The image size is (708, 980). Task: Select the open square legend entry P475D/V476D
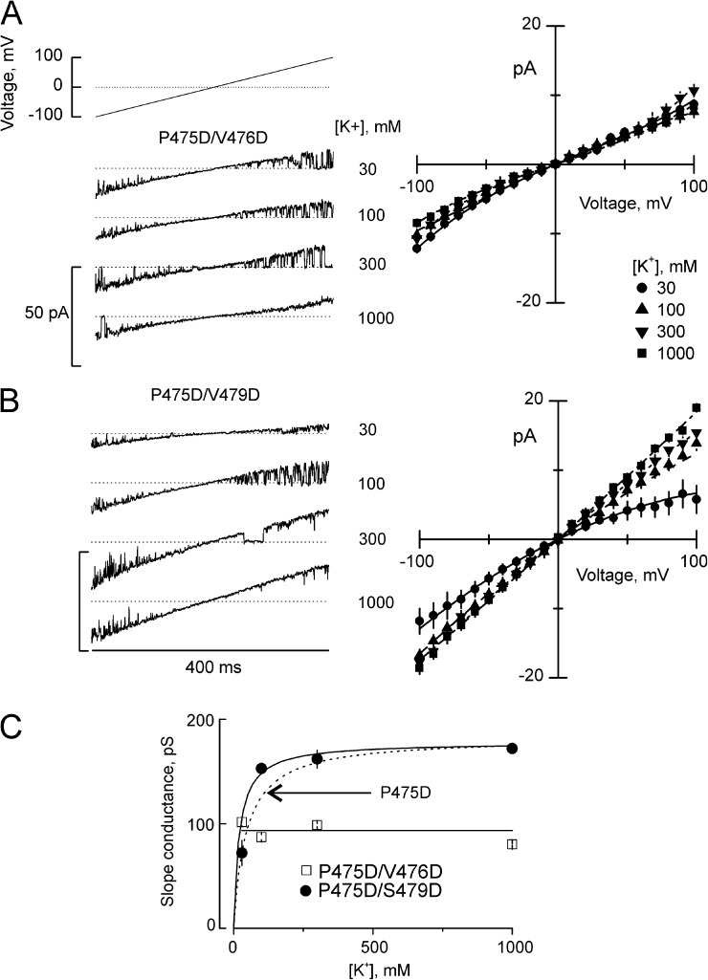point(367,870)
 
